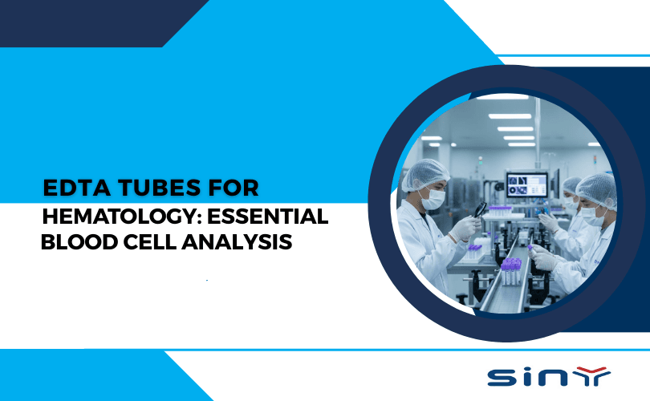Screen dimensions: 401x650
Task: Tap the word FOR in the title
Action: coord(234,188)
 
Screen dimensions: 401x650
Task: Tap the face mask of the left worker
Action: coord(433,199)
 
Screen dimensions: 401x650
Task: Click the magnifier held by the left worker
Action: coord(480,210)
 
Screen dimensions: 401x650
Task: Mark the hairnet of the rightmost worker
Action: coord(599,190)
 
